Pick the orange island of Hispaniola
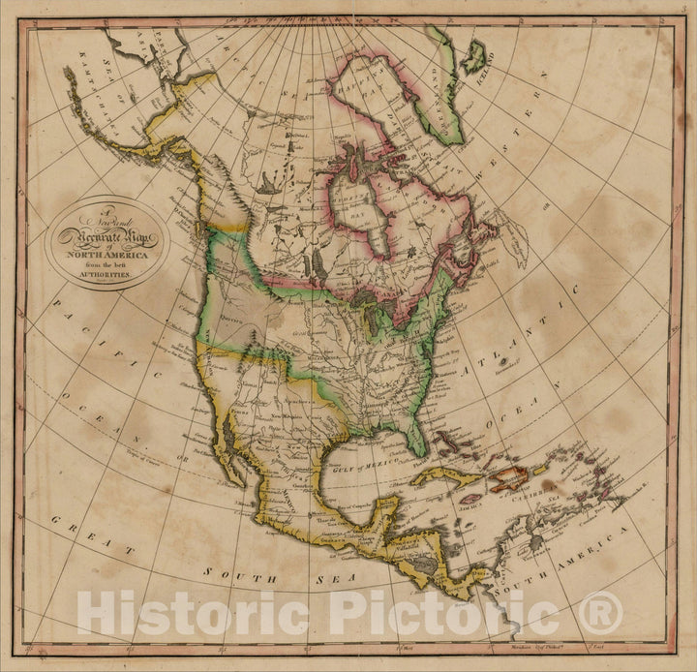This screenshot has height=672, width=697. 511,477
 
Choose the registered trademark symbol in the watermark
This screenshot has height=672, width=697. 601,612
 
